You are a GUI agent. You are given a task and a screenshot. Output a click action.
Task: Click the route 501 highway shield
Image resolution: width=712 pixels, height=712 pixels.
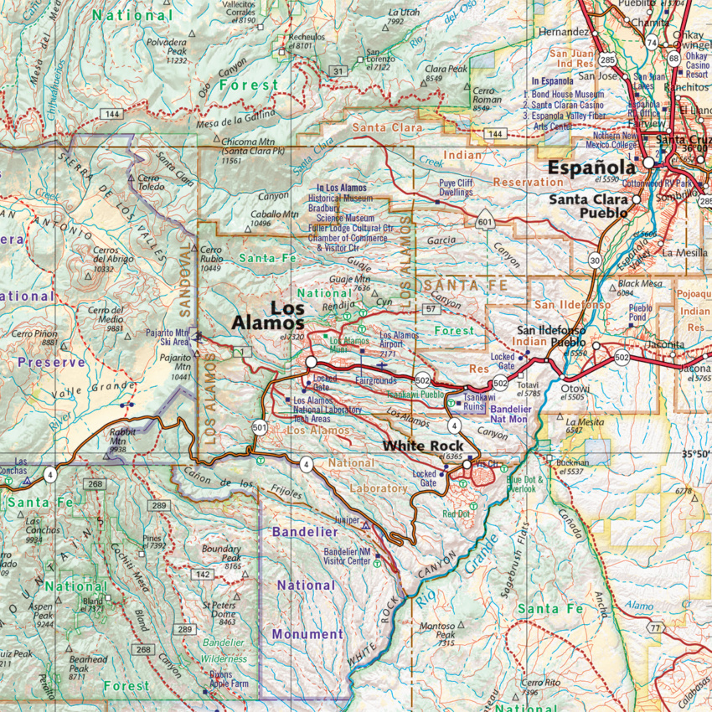click(x=260, y=428)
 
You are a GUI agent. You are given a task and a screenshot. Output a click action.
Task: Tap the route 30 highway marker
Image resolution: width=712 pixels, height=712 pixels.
click(x=595, y=261)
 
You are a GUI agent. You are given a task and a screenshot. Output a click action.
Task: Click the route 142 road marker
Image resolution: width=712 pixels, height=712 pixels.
click(x=202, y=574)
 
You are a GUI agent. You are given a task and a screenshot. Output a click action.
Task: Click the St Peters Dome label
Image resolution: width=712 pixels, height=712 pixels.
click(x=219, y=617)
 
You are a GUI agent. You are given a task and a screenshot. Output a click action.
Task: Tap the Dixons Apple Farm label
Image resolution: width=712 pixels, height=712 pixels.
click(x=229, y=679)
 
